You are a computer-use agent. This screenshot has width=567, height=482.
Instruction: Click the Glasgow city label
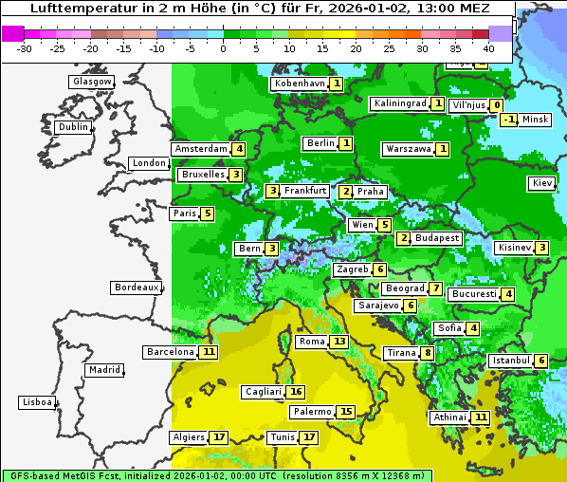[x=91, y=82]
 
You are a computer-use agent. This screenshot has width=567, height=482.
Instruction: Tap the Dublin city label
[x=72, y=127]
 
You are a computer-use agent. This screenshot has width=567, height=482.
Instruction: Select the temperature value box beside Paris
[x=207, y=213]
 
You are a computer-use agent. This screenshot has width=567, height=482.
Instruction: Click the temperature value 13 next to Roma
[x=338, y=342]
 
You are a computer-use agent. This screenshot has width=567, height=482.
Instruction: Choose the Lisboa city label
[x=36, y=402]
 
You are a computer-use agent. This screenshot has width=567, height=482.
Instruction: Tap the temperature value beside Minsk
[x=509, y=120]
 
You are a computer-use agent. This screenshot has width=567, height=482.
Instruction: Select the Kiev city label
[x=542, y=183]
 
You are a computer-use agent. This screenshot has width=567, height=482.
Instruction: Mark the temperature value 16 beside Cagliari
[x=296, y=392]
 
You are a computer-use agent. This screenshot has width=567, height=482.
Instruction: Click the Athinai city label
[x=449, y=417]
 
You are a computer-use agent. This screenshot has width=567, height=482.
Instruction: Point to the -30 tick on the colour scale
[x=25, y=48]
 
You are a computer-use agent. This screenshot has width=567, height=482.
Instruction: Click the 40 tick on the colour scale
[x=488, y=48]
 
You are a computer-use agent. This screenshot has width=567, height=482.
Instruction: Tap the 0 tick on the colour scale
[x=223, y=48]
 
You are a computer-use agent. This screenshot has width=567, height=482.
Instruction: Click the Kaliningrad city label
[x=400, y=103]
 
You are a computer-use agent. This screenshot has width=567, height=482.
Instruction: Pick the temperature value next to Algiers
[x=220, y=437]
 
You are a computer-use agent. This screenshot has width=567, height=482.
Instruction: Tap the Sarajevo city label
[x=378, y=306]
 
